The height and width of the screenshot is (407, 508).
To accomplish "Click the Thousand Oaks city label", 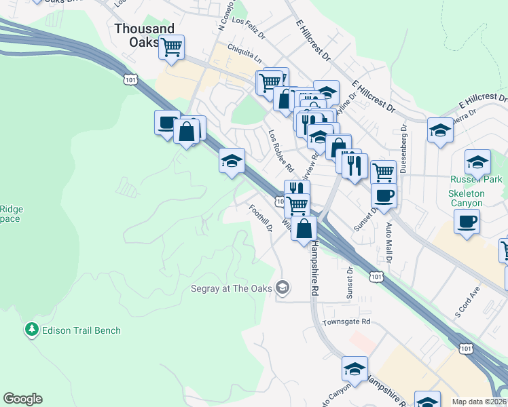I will [x=145, y=35].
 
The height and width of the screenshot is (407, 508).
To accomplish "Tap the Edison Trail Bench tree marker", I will [x=31, y=330].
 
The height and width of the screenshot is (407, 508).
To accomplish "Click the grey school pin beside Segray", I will [x=283, y=288].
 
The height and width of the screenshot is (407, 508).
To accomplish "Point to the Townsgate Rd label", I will [x=346, y=322].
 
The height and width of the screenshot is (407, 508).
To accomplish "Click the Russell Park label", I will [x=476, y=180].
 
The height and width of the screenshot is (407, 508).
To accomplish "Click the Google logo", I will [x=22, y=399].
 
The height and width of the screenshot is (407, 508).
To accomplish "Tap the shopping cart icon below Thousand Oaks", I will [x=172, y=47].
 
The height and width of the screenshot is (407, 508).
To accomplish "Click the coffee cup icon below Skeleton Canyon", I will [x=467, y=221].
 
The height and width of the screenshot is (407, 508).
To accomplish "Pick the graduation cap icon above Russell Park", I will [x=477, y=162].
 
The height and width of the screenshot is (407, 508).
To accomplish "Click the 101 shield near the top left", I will [x=130, y=79].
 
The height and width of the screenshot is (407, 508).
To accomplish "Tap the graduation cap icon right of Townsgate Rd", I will [x=355, y=369].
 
